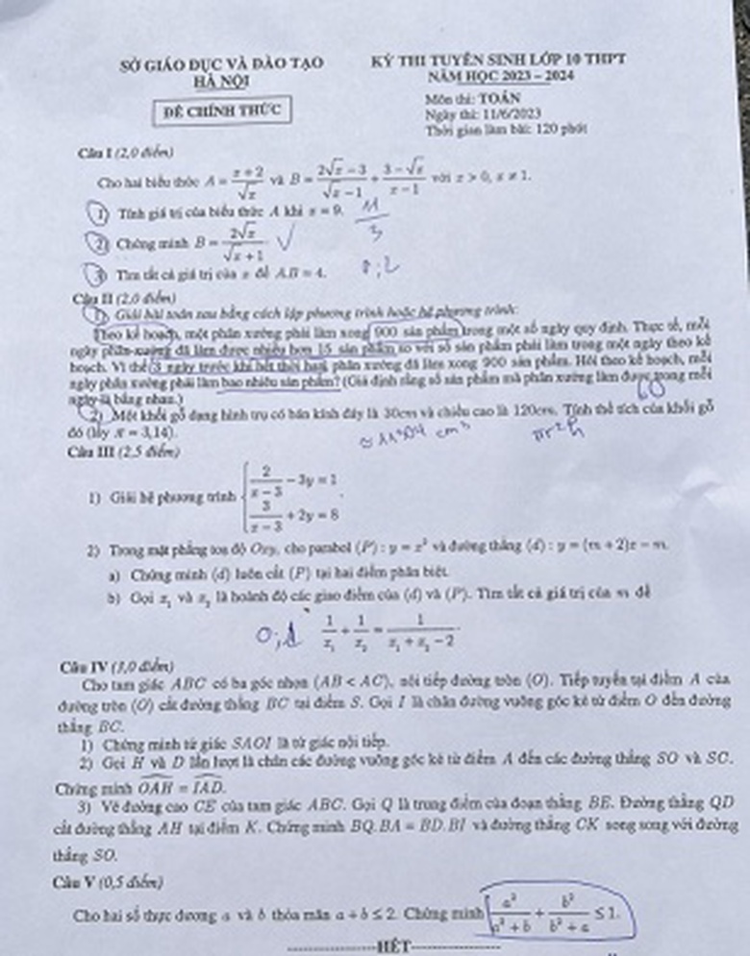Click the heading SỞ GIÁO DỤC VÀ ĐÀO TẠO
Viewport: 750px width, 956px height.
221,64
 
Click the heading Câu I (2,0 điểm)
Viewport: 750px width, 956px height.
126,153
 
